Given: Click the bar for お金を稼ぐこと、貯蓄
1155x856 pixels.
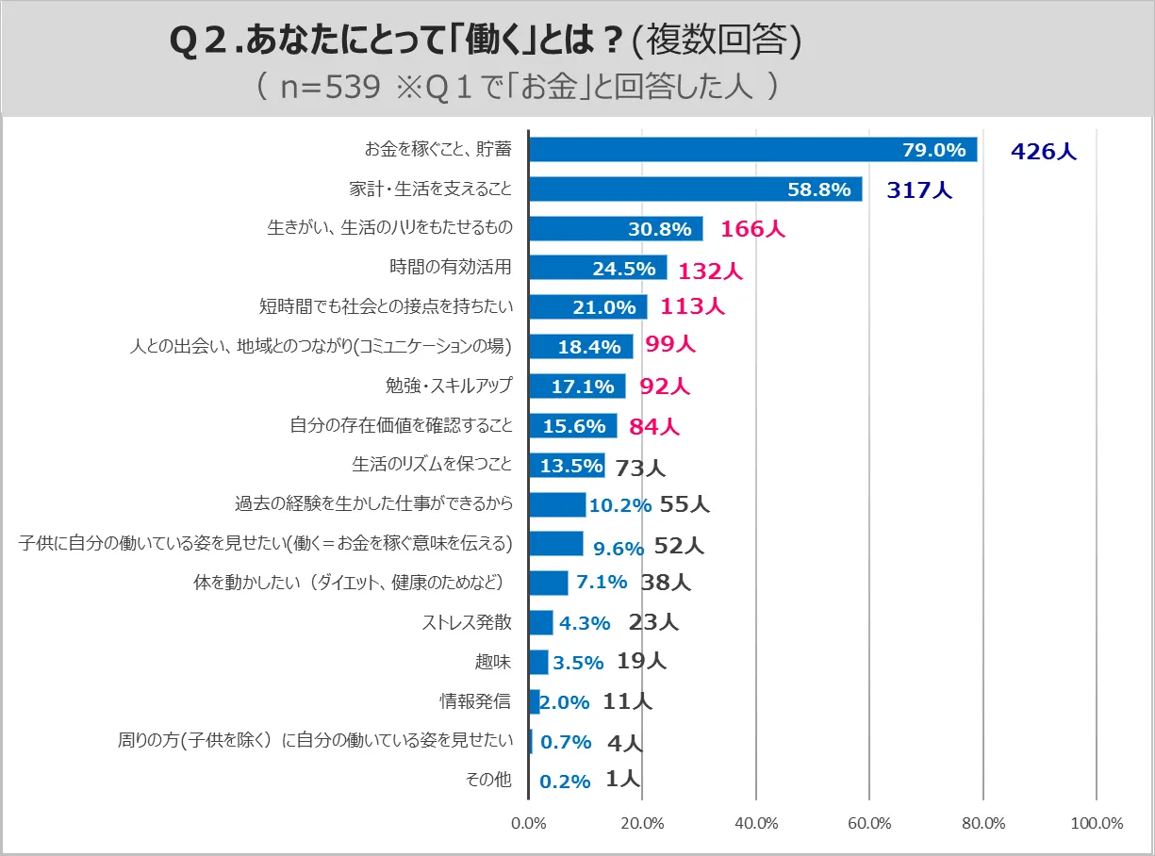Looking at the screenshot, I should point(752,150).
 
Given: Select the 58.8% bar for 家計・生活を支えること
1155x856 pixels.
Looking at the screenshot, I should point(695,189).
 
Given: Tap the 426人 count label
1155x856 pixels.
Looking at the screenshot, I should point(1044,151).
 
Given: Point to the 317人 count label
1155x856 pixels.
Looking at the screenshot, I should point(919,190).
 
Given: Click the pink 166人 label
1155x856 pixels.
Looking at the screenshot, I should point(752,229).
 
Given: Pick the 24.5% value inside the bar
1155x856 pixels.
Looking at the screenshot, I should point(624,269).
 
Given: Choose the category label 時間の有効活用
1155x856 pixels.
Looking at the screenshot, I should point(451,267).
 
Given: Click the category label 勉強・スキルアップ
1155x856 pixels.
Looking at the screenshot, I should point(443,385).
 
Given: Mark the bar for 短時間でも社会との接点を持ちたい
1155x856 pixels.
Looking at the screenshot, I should point(587,307).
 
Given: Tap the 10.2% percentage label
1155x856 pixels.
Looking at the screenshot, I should point(619,505).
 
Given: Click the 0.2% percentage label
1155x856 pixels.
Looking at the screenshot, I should point(565,782).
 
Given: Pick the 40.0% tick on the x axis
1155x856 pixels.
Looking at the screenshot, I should point(756,823).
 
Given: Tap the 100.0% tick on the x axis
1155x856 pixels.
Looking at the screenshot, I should point(1097,823).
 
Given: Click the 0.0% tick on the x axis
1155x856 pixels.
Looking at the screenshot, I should point(529,823).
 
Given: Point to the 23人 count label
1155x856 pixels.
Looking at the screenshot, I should point(652,622).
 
